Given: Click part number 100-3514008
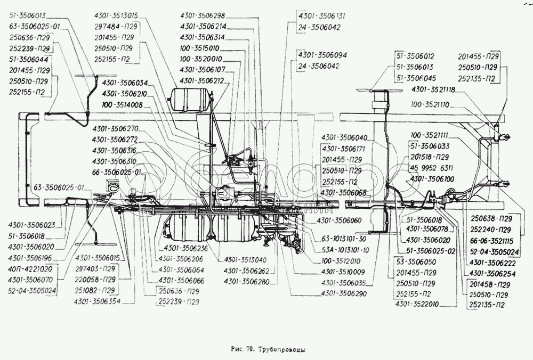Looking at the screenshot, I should [123, 105].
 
